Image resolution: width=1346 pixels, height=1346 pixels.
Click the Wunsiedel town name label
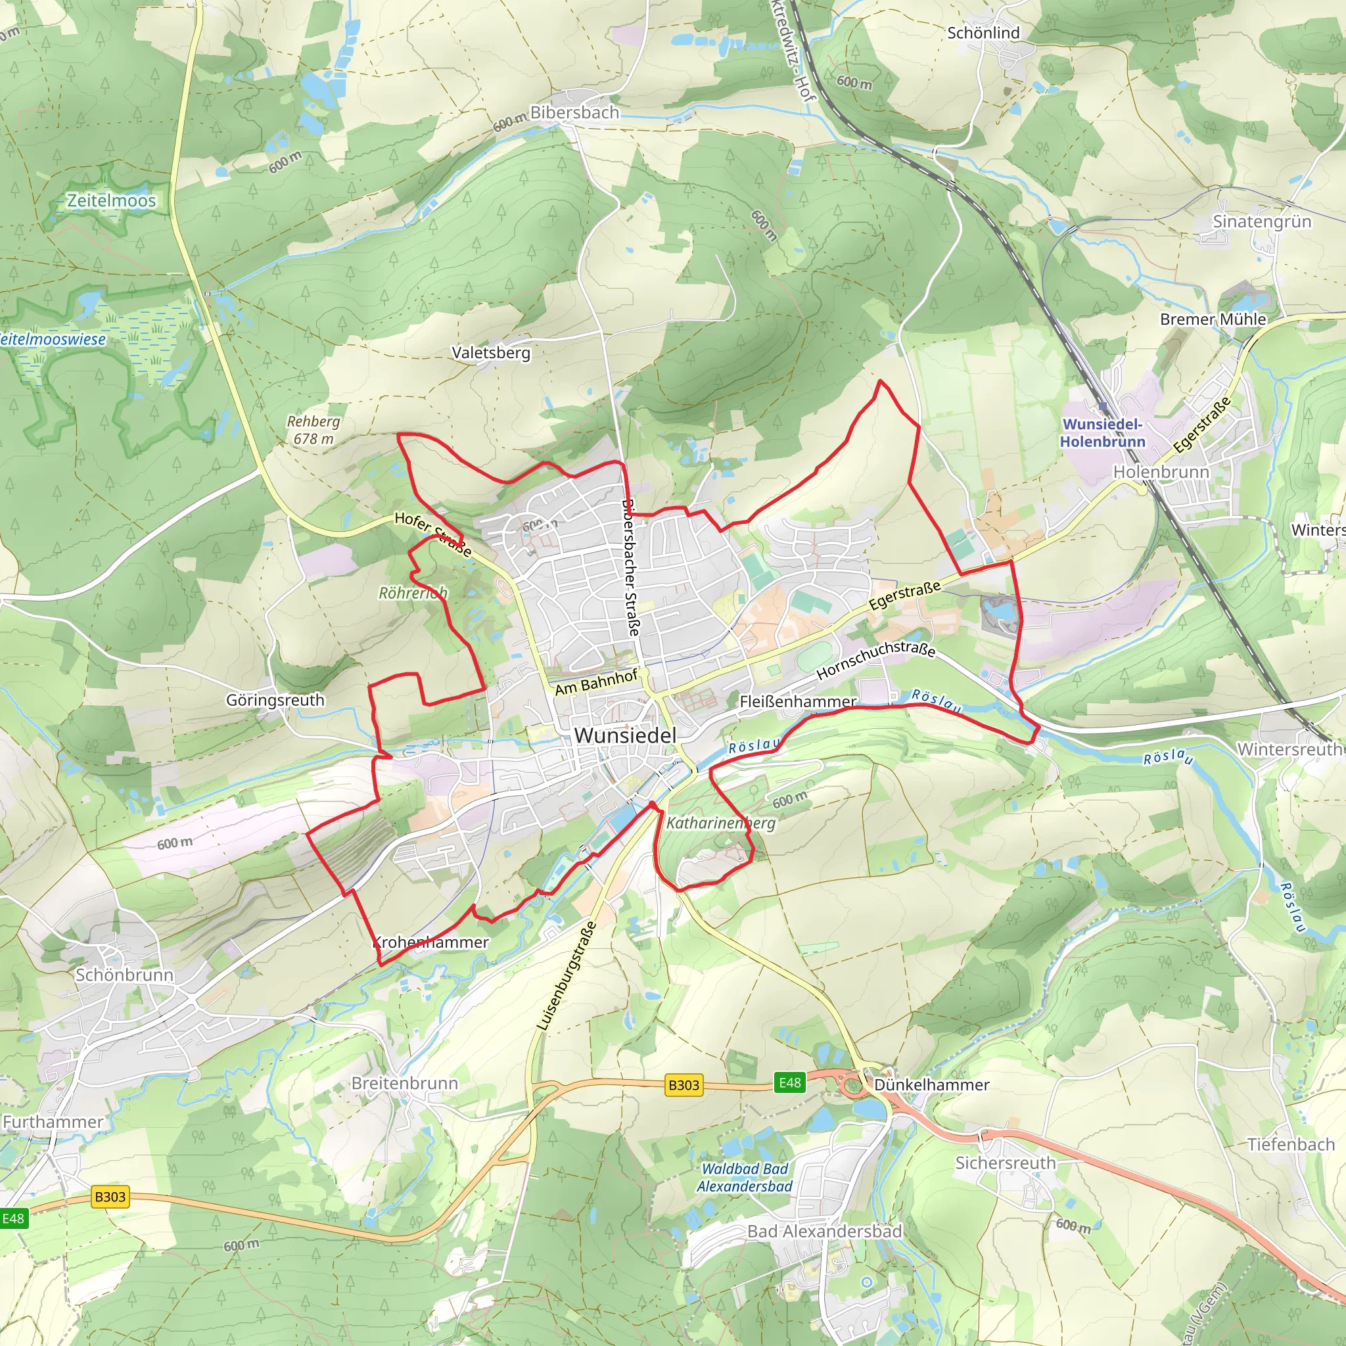pyautogui.click(x=625, y=735)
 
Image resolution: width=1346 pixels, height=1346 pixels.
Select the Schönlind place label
pyautogui.click(x=983, y=33)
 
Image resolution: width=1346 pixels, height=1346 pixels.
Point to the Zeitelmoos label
pyautogui.click(x=112, y=200)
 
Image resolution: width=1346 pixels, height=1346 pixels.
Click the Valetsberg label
pyautogui.click(x=491, y=352)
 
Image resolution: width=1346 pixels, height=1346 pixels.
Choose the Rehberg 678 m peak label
pyautogui.click(x=313, y=430)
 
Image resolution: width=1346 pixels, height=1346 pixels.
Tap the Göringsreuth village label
pyautogui.click(x=275, y=700)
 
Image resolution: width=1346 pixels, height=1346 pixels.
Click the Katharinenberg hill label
pyautogui.click(x=720, y=823)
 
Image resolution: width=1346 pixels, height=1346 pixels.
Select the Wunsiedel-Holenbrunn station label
pyautogui.click(x=1102, y=432)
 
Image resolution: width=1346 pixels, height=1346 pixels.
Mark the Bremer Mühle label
pyautogui.click(x=1213, y=319)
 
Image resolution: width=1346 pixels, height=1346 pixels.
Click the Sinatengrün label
pyautogui.click(x=1262, y=221)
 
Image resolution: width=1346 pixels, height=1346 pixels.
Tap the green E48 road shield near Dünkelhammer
pyautogui.click(x=789, y=1082)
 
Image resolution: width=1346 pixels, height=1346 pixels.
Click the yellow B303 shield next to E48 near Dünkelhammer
pyautogui.click(x=684, y=1084)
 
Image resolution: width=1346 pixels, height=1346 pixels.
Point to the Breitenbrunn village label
pyautogui.click(x=405, y=1083)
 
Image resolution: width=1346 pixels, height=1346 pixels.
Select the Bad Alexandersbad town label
pyautogui.click(x=824, y=1232)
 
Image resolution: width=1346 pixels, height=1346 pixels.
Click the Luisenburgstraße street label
pyautogui.click(x=567, y=976)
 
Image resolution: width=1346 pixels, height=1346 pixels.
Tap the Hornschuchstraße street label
pyautogui.click(x=875, y=660)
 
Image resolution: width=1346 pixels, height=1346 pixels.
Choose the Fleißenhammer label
pyautogui.click(x=798, y=701)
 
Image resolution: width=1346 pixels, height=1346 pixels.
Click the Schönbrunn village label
pyautogui.click(x=124, y=975)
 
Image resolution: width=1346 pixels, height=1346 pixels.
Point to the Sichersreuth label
pyautogui.click(x=1005, y=1163)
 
